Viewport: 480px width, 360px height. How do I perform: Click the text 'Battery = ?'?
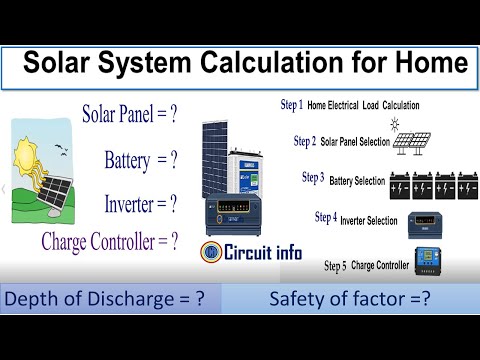(x=140, y=159)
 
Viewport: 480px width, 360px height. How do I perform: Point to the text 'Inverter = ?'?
(x=140, y=204)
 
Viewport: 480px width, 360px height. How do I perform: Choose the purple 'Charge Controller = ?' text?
(x=110, y=240)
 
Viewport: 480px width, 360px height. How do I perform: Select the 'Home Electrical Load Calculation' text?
(x=363, y=105)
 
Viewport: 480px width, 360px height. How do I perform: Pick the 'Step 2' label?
(x=305, y=141)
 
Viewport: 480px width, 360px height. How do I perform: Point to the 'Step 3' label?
(x=313, y=177)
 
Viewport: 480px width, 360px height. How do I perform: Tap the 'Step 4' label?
(x=325, y=216)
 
